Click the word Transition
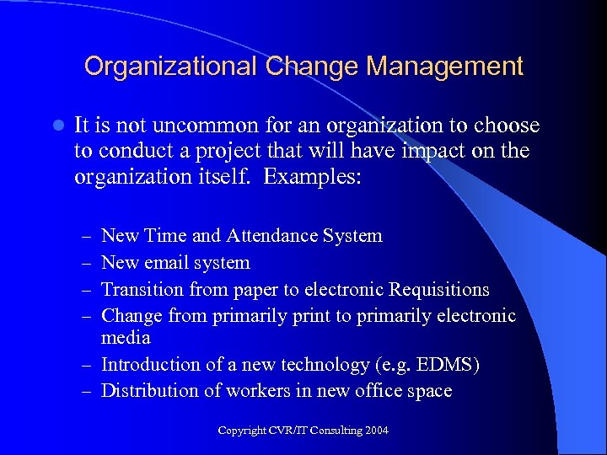[x=142, y=290]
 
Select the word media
[x=126, y=338]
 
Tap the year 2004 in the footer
[x=376, y=431]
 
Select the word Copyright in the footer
[x=242, y=431]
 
